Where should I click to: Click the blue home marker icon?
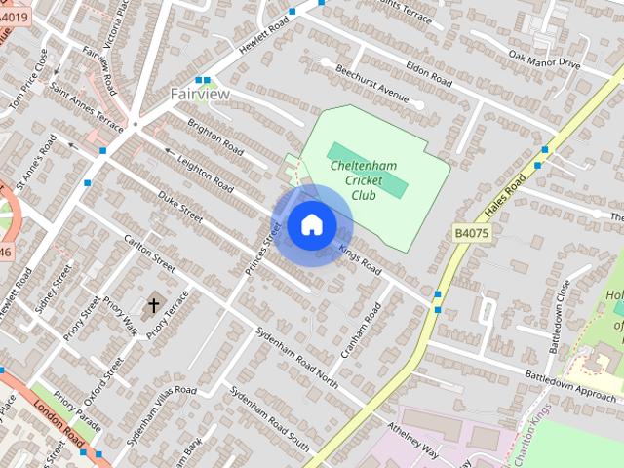(x=311, y=225)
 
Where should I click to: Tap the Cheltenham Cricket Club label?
(x=367, y=181)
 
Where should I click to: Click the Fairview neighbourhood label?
(x=200, y=94)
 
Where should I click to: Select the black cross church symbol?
(x=153, y=306)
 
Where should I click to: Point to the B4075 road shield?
(x=472, y=234)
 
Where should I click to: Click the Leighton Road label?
(x=206, y=172)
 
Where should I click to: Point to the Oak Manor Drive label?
(x=544, y=61)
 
